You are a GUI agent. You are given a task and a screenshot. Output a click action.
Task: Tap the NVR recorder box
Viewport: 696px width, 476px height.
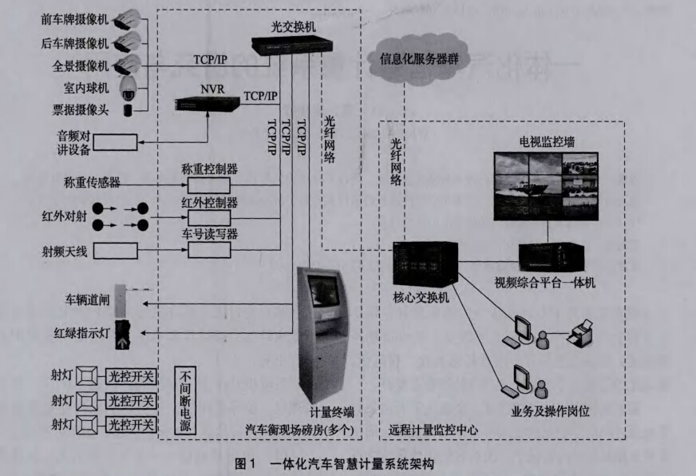coord(208,101)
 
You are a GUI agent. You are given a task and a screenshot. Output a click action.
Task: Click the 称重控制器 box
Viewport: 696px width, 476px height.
coord(209,184)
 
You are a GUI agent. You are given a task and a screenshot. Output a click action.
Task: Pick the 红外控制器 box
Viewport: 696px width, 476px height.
coord(209,217)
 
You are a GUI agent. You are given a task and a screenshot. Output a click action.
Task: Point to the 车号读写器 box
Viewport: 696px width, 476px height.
coord(209,250)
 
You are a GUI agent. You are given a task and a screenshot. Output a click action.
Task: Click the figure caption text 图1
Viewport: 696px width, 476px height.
coord(243,463)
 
